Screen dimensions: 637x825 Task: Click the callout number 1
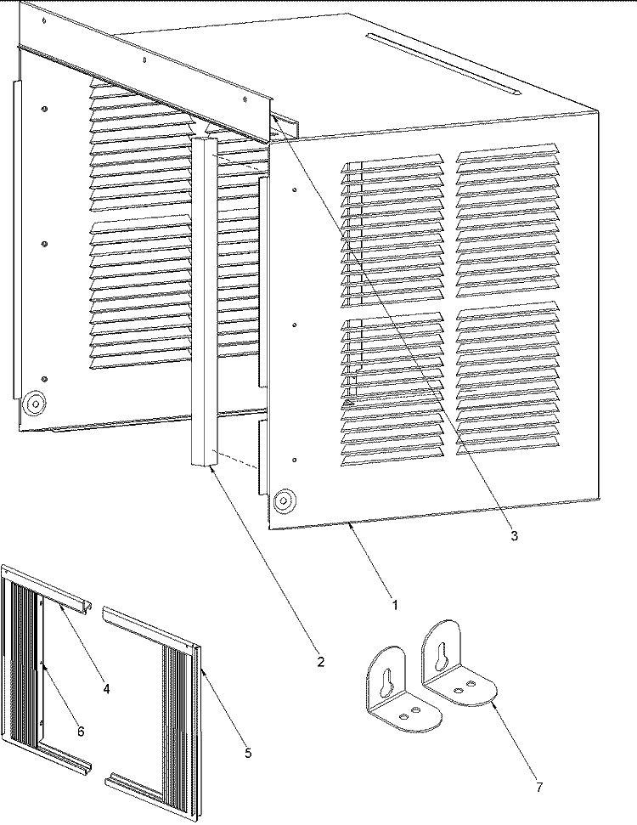394,605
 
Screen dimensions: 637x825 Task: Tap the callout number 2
320,662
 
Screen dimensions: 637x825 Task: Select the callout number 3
514,535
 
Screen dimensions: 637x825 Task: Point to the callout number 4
105,688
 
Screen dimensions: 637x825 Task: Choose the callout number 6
81,732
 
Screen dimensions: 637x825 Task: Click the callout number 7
539,787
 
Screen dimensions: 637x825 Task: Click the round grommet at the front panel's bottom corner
285,500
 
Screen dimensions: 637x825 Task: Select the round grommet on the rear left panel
35,404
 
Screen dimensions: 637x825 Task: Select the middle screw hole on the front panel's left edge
294,325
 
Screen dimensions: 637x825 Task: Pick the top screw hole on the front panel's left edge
294,189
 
